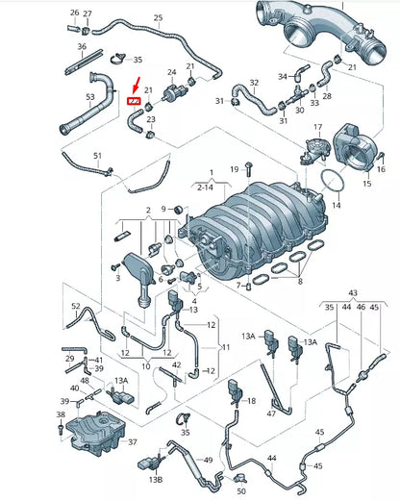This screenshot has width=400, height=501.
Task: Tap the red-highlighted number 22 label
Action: [134, 102]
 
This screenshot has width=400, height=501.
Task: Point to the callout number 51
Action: [97, 156]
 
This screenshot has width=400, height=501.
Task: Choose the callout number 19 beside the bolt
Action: [234, 169]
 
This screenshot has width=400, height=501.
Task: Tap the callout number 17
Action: [315, 127]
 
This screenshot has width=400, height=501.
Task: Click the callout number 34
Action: [282, 75]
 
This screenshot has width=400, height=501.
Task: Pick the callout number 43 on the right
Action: [353, 291]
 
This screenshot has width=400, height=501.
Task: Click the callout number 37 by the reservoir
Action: [134, 443]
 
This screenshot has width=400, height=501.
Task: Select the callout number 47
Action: [272, 413]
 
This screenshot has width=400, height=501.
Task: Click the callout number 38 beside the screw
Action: [61, 416]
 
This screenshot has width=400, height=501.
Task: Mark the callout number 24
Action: [172, 72]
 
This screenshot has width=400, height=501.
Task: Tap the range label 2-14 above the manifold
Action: [205, 188]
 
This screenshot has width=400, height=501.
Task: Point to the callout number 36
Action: [82, 46]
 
